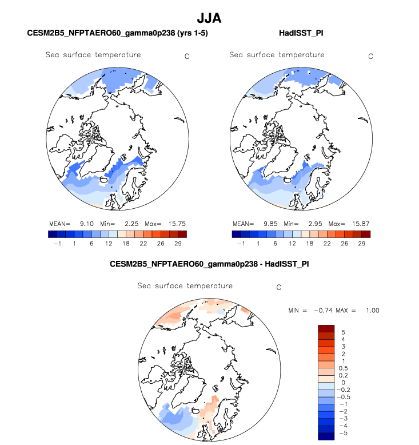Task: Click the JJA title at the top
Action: (209, 19)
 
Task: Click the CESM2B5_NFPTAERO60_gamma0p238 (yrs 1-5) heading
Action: (117, 34)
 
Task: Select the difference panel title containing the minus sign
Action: (209, 265)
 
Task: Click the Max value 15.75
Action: (177, 223)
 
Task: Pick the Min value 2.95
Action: (314, 223)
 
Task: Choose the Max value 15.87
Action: (361, 223)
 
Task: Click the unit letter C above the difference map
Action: (279, 288)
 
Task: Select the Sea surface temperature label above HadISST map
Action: (277, 55)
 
